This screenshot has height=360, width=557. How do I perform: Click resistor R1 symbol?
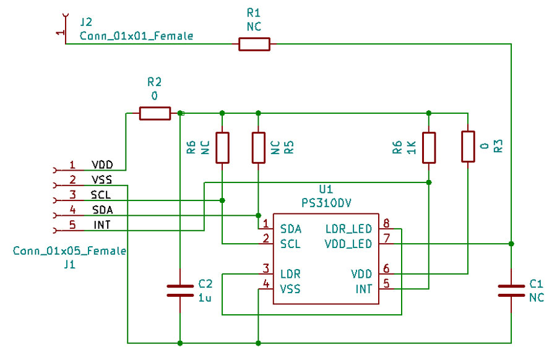pos(254,44)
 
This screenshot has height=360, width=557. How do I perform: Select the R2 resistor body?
pos(154,113)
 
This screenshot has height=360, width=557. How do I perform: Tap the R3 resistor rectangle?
pos(468,147)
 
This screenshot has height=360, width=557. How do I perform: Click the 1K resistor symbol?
pos(429,147)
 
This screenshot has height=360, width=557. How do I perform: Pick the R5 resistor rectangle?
pos(258,147)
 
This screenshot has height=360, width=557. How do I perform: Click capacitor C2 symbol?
pos(180,291)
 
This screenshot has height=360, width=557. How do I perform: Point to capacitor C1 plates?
pos(511,291)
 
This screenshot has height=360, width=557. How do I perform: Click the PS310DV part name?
pos(326,202)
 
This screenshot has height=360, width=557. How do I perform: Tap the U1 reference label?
pos(326,189)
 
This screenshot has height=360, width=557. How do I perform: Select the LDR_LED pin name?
pos(348,229)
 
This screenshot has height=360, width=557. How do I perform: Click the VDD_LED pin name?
pos(348,244)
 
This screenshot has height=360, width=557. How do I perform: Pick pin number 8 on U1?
pos(386,224)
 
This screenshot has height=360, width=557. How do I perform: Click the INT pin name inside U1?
pos(363,289)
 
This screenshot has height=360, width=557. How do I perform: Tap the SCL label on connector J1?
pos(101,195)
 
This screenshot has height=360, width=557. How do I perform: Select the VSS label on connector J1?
pos(101,180)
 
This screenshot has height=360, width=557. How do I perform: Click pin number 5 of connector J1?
pos(72,225)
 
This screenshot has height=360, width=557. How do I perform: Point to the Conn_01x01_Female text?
pos(136,36)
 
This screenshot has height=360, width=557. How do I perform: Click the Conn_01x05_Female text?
pos(69,251)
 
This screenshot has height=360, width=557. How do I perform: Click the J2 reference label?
pos(87,22)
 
